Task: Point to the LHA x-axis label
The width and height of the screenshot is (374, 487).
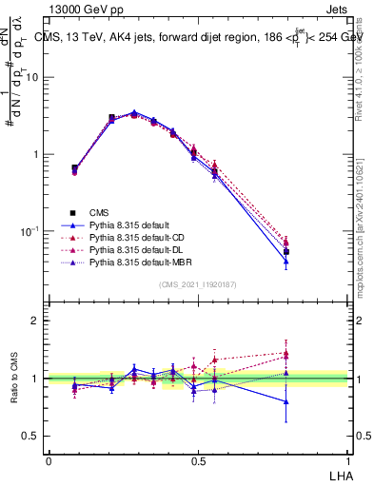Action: (340, 473)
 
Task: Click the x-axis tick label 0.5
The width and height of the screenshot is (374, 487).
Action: (198, 459)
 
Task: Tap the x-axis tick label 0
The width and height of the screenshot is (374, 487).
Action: (49, 459)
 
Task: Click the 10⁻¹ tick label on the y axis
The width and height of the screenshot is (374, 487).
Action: (30, 231)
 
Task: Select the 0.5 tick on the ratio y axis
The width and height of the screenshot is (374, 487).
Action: (32, 437)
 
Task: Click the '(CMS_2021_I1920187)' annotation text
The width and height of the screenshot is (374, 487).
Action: (198, 284)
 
